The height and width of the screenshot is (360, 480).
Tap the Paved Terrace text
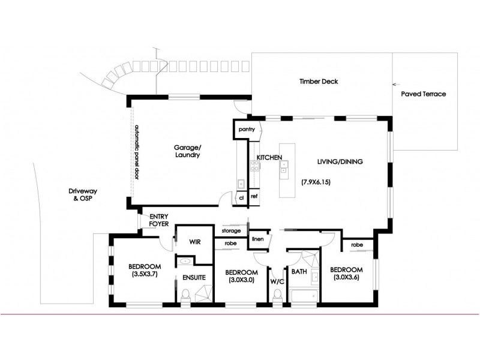(x=423, y=94)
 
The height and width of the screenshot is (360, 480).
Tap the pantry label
(x=247, y=129)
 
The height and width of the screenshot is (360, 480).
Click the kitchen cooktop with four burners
(x=254, y=169)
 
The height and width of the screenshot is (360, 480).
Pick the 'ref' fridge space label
(x=254, y=197)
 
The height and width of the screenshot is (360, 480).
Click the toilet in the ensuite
(x=186, y=295)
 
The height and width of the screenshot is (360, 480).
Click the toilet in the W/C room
(x=277, y=296)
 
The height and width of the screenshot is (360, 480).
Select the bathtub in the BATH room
(x=304, y=295)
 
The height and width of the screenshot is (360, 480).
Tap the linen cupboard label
(x=258, y=239)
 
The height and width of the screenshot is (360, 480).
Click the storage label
(x=230, y=230)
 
